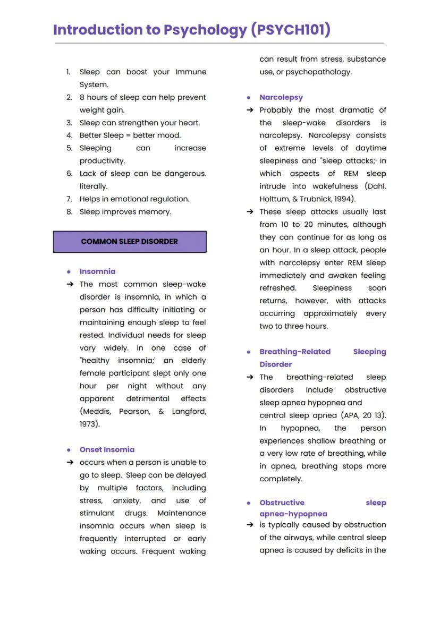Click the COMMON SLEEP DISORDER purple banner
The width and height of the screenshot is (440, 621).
(130, 242)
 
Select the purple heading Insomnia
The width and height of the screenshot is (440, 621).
(97, 271)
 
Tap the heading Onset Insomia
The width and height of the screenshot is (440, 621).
(107, 449)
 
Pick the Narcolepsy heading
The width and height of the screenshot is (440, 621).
(281, 97)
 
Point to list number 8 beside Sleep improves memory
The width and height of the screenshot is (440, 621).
(69, 212)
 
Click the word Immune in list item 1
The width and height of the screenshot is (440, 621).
(191, 72)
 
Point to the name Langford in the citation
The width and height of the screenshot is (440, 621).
(189, 411)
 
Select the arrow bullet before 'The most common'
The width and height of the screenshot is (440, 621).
(70, 284)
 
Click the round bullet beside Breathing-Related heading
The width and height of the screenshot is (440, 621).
(249, 352)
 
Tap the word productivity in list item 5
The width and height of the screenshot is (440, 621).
(102, 160)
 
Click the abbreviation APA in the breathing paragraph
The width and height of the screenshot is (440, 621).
(350, 415)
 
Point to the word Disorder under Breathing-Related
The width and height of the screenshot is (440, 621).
(275, 364)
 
